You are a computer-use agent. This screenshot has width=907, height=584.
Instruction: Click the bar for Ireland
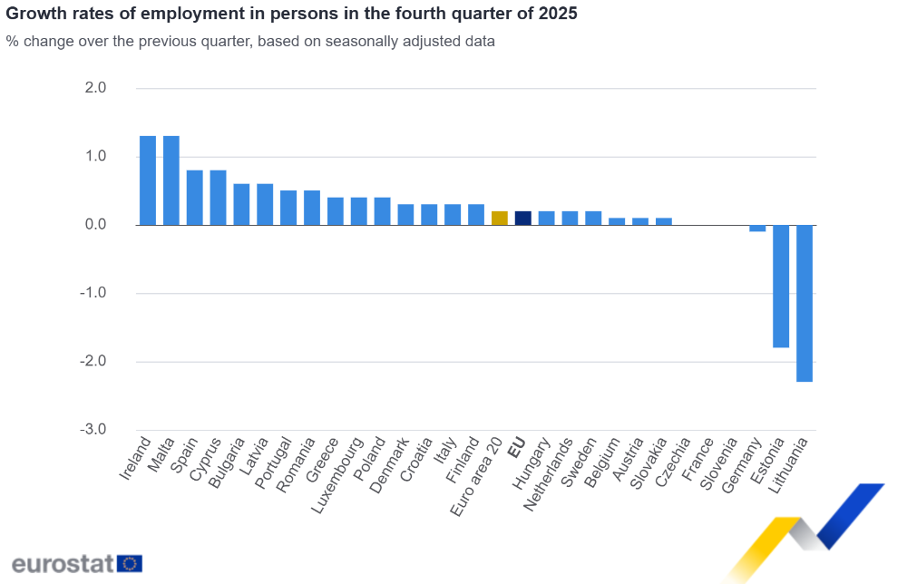click(148, 180)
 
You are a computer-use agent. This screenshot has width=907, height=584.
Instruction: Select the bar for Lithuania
click(805, 303)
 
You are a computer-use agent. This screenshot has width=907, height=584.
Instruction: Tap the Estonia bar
click(781, 286)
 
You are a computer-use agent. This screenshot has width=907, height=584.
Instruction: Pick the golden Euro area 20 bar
click(499, 218)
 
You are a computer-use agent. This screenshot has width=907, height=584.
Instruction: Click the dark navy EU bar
click(522, 218)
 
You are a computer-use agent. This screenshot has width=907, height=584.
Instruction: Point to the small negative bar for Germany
click(757, 229)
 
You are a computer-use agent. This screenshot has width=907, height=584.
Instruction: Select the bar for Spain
click(195, 198)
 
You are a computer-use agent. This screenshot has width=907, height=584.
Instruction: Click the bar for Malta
click(171, 180)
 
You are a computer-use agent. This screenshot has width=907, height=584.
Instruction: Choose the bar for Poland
click(382, 211)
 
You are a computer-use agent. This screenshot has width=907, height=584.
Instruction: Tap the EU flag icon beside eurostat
click(130, 563)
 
